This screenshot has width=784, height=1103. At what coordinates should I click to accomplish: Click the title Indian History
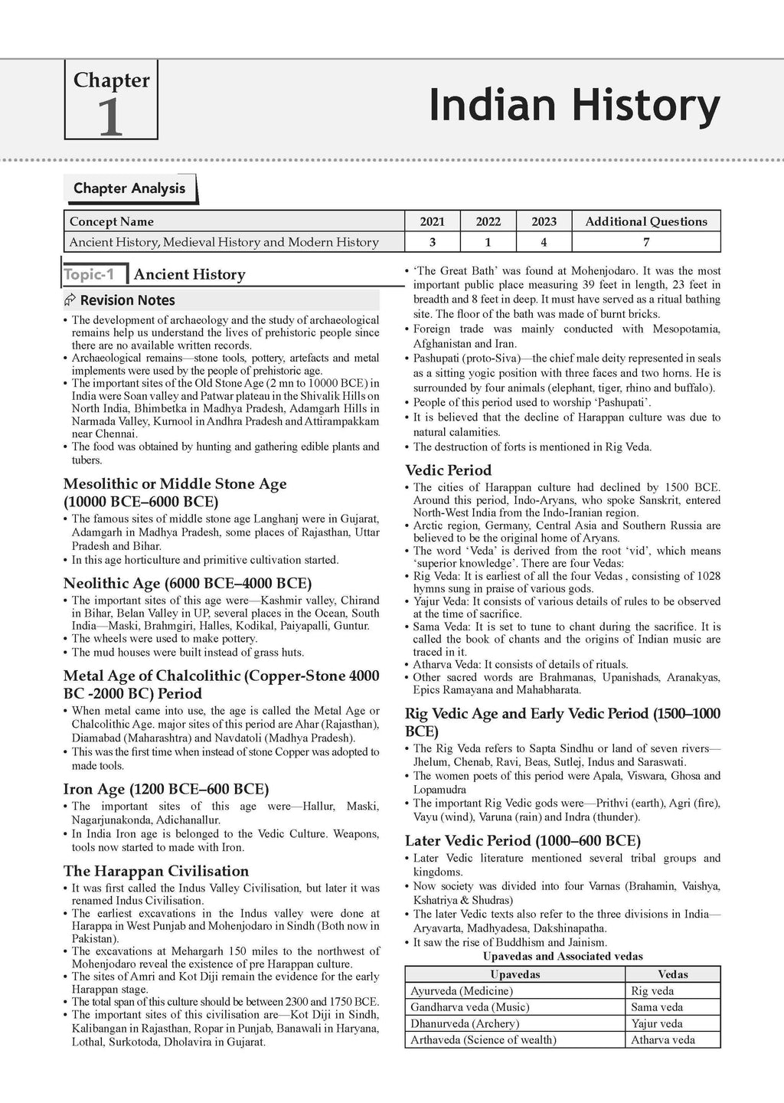574,105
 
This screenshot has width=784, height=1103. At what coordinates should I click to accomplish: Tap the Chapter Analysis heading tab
129,188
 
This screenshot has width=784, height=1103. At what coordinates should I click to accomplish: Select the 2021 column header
432,221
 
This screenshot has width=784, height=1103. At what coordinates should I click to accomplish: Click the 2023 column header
544,221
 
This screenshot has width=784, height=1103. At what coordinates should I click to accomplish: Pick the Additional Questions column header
645,221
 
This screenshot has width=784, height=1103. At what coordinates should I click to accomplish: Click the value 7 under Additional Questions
645,242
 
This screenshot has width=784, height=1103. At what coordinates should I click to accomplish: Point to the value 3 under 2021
432,242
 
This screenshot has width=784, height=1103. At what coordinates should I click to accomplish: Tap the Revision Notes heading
128,300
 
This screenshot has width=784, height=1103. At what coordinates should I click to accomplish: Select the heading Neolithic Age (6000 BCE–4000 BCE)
188,582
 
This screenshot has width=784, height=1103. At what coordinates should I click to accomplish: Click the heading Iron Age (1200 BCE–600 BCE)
166,788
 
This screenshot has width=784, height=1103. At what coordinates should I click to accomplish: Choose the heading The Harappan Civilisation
156,871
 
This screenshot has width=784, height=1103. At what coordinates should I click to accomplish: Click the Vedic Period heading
448,470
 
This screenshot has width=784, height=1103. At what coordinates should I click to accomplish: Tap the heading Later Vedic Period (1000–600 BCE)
523,840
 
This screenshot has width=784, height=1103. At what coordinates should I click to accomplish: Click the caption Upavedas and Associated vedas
563,956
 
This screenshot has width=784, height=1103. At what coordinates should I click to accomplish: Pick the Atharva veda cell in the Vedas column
663,1039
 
